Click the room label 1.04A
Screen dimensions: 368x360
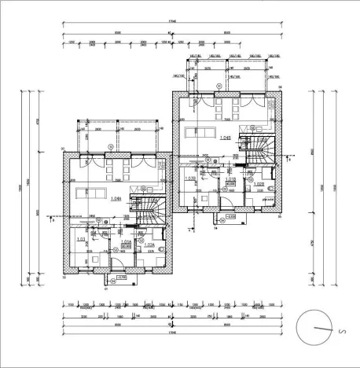coord(116,199)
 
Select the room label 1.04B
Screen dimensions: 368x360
coord(226,138)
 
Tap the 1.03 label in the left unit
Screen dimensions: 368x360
coord(79,238)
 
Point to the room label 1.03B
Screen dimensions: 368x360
coord(190,178)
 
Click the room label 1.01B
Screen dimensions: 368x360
coord(231,180)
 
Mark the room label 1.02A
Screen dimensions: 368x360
coord(149,245)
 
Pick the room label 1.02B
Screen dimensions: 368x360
coord(259,184)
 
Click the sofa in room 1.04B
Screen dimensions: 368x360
coord(206,131)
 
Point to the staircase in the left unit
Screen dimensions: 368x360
coord(149,208)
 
